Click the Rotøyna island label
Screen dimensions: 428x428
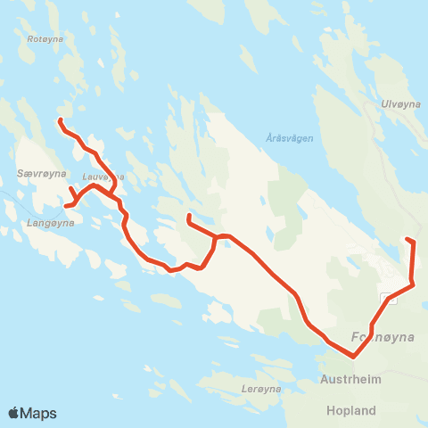tap(43, 39)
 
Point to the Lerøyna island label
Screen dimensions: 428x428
tap(261, 389)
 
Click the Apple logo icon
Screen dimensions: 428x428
tap(15, 413)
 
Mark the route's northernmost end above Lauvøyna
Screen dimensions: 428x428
tap(60, 119)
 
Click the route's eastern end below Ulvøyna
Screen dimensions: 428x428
tap(407, 239)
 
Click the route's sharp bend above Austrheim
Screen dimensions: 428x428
tap(354, 357)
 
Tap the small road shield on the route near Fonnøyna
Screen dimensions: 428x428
tap(386, 297)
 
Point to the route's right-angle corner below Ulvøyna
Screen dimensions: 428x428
tap(413, 285)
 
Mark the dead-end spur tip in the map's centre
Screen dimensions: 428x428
tap(188, 216)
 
